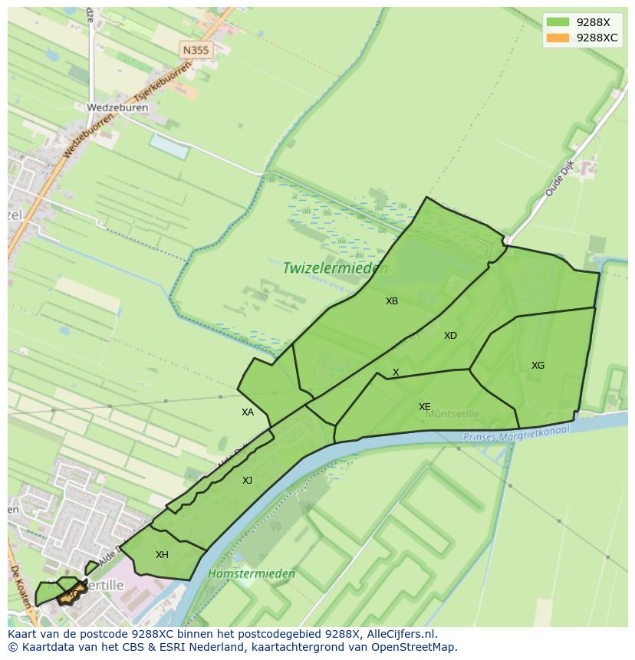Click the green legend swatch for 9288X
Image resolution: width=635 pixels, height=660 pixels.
point(558,22)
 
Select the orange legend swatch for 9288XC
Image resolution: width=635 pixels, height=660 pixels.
point(558,38)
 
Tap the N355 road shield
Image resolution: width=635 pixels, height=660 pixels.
point(196,50)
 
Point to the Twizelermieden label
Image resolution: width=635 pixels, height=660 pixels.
point(335,268)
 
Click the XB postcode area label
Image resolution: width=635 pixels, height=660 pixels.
point(392,301)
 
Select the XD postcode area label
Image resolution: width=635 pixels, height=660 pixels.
point(450,336)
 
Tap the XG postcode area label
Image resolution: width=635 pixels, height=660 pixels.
point(538,366)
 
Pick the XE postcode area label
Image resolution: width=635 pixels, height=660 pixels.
point(424,407)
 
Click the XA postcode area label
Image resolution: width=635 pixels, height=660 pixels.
point(247,412)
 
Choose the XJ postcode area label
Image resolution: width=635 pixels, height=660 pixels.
point(247,481)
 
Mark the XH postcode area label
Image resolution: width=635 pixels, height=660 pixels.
point(162,555)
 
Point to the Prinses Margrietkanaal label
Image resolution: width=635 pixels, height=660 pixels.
point(518,435)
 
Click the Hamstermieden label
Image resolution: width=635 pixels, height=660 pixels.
point(241,573)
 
